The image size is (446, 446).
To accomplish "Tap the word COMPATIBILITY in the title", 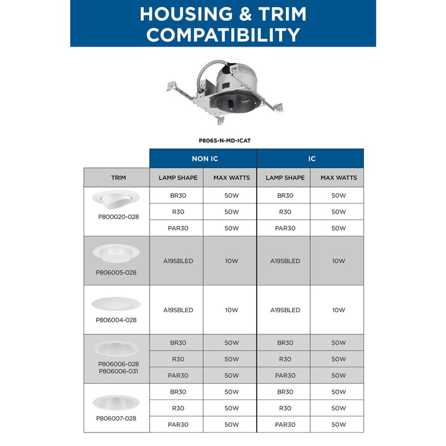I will [223, 34].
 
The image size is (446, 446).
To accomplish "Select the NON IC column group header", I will [203, 159].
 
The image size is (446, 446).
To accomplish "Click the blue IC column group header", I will [311, 159].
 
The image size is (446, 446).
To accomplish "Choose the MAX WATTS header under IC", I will [338, 178].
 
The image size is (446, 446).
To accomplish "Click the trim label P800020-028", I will [118, 217].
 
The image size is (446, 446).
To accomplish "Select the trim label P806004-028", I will [116, 320].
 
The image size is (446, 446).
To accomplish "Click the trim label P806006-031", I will [118, 370].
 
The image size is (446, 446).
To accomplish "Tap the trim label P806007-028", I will [116, 418].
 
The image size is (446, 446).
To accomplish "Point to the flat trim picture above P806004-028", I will [115, 303].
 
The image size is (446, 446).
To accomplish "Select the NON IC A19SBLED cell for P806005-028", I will [178, 261].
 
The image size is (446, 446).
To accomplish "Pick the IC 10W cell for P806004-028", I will [338, 310].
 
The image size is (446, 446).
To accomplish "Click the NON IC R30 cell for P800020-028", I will [178, 212].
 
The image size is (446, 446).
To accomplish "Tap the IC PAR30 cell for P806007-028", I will [285, 424].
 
